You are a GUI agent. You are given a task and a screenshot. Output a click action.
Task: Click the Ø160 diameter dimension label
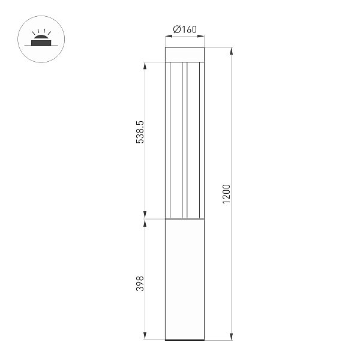coord(185,29)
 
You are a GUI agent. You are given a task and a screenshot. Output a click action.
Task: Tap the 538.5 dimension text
coord(140,132)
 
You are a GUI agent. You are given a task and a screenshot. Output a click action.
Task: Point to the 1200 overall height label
coord(226,193)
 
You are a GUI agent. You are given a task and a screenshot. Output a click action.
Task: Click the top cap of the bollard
coord(185,54)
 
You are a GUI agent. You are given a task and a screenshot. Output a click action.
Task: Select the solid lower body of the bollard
coord(185,279)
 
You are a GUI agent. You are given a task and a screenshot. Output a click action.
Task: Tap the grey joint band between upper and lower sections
coord(185,220)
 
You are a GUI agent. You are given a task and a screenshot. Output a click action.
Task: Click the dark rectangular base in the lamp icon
coord(41,43)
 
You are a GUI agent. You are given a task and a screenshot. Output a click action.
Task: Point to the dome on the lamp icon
coord(41,37)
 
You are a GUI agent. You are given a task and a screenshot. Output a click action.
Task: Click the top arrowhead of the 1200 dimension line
coord(232,50)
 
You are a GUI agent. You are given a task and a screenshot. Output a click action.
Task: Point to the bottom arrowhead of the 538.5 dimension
coord(145,215)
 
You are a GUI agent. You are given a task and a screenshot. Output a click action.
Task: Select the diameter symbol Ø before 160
coord(176,29)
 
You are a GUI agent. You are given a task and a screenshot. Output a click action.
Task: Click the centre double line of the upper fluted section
coord(185,138)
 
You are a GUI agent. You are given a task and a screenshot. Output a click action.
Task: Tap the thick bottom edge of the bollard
coord(185,340)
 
